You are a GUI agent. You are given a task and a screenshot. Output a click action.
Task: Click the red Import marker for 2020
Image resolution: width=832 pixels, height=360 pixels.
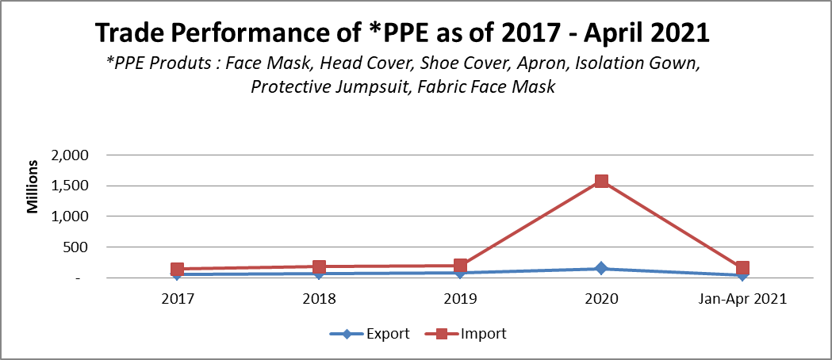[601, 182]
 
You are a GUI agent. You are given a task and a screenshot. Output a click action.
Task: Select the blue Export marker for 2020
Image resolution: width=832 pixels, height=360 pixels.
[601, 269]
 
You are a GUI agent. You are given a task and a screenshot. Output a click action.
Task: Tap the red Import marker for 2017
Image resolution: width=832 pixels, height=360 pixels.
[178, 270]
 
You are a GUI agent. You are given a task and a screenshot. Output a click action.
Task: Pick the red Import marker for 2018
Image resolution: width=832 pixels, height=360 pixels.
[319, 267]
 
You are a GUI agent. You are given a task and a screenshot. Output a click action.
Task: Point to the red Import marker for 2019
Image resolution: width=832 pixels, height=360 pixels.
[460, 266]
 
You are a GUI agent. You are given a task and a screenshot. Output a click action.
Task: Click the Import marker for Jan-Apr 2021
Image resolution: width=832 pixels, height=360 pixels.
[742, 268]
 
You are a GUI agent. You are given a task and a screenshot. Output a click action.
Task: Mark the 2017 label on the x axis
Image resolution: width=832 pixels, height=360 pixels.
[178, 299]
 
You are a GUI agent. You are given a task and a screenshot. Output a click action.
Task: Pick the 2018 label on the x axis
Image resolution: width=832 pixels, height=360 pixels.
[319, 299]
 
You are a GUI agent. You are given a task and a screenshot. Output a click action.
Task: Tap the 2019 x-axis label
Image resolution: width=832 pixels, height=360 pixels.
[460, 299]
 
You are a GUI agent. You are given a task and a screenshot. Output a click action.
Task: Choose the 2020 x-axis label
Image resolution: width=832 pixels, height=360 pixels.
[601, 299]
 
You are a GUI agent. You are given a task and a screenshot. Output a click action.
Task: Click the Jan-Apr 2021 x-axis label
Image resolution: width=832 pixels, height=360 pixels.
[742, 299]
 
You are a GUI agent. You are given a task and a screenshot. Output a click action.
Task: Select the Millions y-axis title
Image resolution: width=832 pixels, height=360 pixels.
[33, 188]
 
